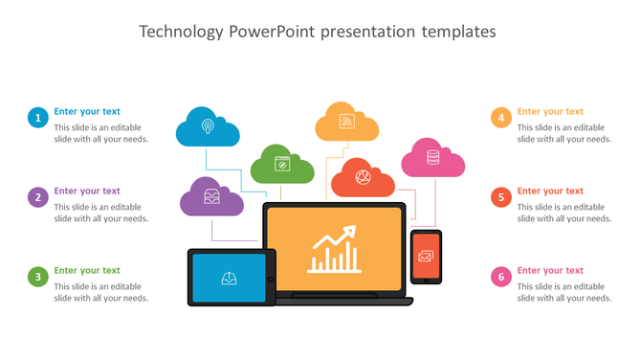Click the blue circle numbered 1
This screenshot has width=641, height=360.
(x=37, y=118)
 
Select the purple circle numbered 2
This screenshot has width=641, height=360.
(x=37, y=198)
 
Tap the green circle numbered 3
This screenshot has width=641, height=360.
(x=37, y=278)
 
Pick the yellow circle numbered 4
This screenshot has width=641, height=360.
(x=500, y=118)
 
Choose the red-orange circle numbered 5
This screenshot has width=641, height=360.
(x=500, y=198)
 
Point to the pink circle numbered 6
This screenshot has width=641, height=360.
(x=500, y=278)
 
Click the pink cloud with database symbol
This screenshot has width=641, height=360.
(x=432, y=159)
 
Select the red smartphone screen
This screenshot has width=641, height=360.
(x=426, y=258)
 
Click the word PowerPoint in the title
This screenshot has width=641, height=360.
(x=273, y=32)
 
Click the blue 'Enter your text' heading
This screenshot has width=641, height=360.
(x=87, y=111)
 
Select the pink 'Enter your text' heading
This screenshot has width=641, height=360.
(x=550, y=271)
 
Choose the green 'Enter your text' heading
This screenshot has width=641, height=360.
(x=87, y=271)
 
